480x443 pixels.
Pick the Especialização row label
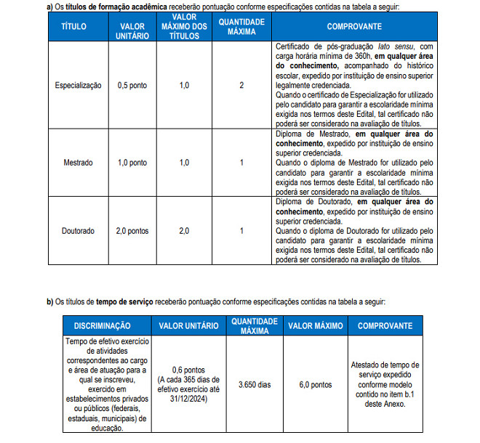pyautogui.click(x=79, y=85)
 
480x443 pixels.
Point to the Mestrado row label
pyautogui.click(x=79, y=163)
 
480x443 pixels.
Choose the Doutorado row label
pyautogui.click(x=79, y=231)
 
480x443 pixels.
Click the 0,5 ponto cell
pyautogui.click(x=132, y=85)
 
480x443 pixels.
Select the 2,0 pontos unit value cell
pyautogui.click(x=132, y=231)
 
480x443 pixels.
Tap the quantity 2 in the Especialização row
pyautogui.click(x=241, y=85)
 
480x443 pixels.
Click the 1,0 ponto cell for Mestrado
pyautogui.click(x=132, y=163)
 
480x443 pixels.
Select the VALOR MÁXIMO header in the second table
pyautogui.click(x=315, y=326)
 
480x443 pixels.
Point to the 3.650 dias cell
pyautogui.click(x=254, y=384)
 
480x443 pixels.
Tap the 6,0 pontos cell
pyautogui.click(x=315, y=384)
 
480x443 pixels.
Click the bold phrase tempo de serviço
pyautogui.click(x=124, y=301)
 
